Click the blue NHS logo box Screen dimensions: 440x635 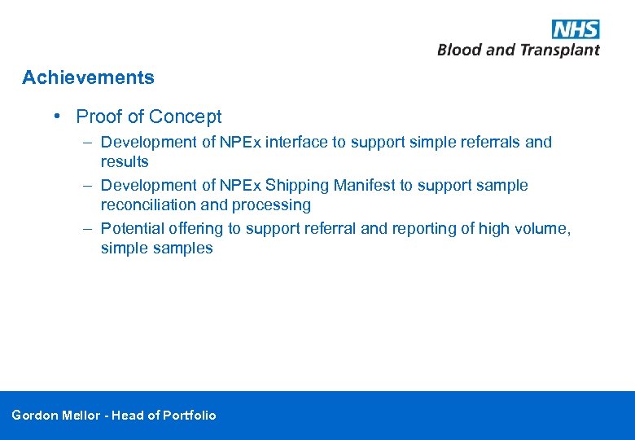pos(576,29)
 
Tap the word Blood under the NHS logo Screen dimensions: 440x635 pos(459,51)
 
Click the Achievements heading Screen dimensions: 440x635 pos(88,78)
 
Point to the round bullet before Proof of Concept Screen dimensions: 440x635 pos(58,117)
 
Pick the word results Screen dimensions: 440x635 pos(125,162)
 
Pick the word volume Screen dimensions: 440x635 pos(545,229)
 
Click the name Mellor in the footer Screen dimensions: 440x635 pos(82,416)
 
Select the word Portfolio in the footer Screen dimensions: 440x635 pos(190,416)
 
